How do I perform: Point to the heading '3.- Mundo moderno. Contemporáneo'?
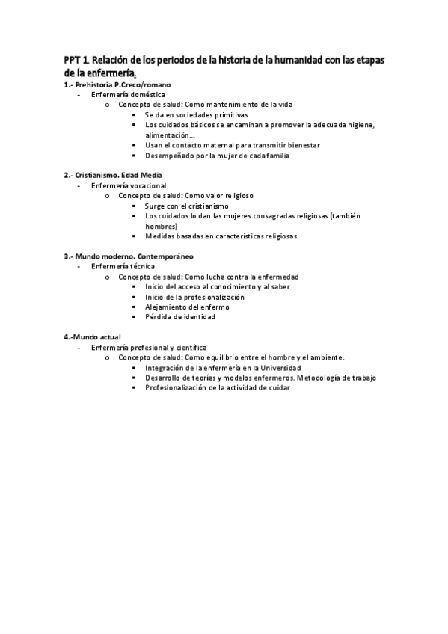(128, 256)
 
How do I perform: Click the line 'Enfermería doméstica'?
(123, 95)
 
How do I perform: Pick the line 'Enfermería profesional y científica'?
(148, 348)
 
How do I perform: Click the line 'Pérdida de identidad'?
(179, 317)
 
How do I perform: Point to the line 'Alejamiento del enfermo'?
(186, 307)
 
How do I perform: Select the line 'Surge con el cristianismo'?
(186, 206)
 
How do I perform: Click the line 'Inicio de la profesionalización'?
(194, 297)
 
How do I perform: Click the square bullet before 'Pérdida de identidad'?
(134, 317)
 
